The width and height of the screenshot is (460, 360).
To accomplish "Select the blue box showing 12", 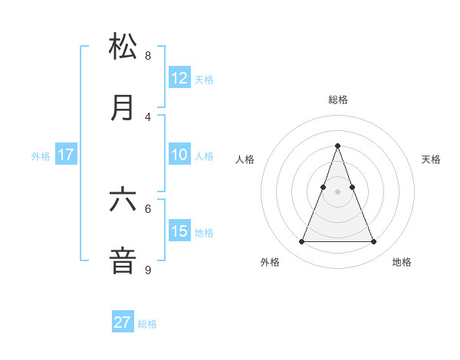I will (x=179, y=78).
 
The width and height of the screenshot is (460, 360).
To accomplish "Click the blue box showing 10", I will (x=179, y=155).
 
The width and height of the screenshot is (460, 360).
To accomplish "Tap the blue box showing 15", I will (x=179, y=231).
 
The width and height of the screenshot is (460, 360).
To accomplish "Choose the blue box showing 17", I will (x=66, y=155).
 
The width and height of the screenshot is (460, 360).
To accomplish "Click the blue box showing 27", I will (x=123, y=322).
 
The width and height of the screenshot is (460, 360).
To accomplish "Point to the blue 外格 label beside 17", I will (x=41, y=155).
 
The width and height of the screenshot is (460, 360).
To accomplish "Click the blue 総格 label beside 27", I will (x=147, y=324).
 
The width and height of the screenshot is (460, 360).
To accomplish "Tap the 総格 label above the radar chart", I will (x=337, y=100).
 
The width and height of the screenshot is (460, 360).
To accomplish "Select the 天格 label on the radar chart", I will (x=431, y=159).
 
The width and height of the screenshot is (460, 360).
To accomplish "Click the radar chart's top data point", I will (x=337, y=146).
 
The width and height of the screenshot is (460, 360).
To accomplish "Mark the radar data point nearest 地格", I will (x=373, y=242).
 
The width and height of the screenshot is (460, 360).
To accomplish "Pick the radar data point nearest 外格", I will (x=301, y=242).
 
